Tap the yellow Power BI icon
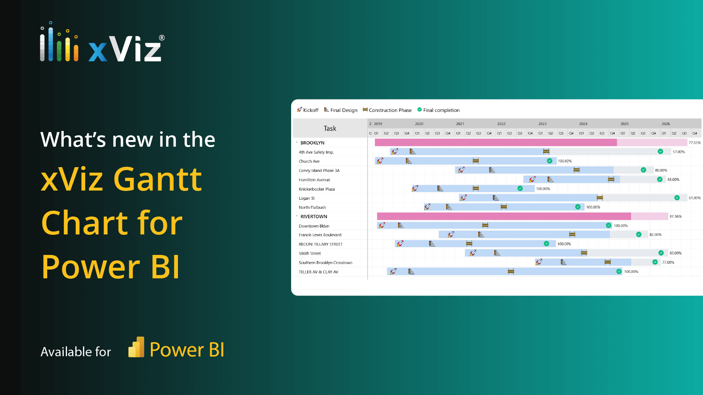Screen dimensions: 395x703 click(x=136, y=347)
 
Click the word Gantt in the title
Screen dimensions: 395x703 click(x=157, y=179)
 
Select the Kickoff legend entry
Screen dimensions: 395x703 click(x=308, y=110)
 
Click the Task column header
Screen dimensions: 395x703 click(x=330, y=128)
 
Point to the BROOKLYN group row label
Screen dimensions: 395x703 click(x=312, y=143)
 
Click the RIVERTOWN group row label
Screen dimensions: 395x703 click(x=314, y=217)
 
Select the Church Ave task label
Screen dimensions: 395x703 click(x=309, y=161)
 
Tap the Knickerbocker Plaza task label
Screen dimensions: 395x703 click(x=317, y=189)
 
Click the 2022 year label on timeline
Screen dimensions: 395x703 click(x=501, y=124)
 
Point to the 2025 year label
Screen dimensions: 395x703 click(x=625, y=124)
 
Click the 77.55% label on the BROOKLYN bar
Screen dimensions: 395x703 click(x=695, y=143)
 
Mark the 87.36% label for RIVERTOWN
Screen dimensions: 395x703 click(x=676, y=217)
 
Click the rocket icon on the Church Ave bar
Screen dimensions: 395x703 click(x=380, y=161)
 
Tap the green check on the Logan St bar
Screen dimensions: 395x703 click(x=677, y=198)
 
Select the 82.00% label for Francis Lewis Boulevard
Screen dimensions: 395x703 click(x=655, y=235)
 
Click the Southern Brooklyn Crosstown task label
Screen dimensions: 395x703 click(x=326, y=263)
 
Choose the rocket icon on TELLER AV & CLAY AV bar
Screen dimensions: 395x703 click(x=393, y=271)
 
